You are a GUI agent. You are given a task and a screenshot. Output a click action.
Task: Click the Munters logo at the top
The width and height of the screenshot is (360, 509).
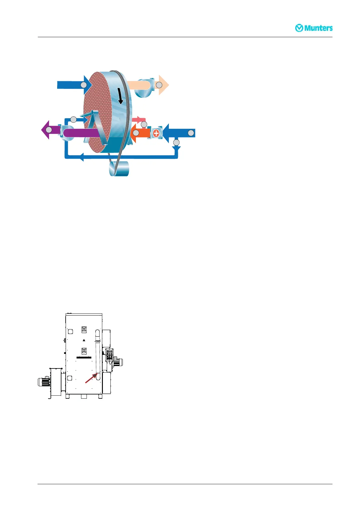tap(314, 28)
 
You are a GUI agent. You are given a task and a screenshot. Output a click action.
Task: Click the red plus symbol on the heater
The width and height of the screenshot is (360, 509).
tap(156, 133)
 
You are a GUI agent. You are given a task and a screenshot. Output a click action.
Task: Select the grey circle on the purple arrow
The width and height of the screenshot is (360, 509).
tap(49, 130)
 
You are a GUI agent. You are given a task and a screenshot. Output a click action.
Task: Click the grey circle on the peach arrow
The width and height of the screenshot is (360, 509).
tap(159, 85)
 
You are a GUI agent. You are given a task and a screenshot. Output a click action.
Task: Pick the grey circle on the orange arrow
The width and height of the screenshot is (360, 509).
tap(136, 133)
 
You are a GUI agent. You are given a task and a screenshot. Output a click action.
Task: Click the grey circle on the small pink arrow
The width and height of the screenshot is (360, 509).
tap(144, 124)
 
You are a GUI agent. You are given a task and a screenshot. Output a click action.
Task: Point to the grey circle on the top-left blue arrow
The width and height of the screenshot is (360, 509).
tap(83, 85)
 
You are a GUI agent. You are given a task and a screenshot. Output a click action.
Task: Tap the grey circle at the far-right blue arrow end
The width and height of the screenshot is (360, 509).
tap(191, 133)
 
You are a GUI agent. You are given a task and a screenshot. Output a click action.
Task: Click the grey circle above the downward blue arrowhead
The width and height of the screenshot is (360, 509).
tap(176, 142)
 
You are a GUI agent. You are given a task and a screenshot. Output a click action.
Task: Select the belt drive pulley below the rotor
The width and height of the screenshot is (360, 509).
tap(119, 169)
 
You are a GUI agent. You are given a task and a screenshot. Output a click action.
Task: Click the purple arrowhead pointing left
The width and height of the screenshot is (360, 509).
tap(45, 130)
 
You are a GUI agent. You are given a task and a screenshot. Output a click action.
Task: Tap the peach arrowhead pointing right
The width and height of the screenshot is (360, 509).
tap(164, 85)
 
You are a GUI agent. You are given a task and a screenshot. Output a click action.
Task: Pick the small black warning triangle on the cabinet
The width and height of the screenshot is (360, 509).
tap(84, 340)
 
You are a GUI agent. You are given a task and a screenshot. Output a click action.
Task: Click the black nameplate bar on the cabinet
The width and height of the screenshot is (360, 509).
tap(84, 358)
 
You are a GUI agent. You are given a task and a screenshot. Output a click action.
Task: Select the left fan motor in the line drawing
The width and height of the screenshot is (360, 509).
tap(43, 382)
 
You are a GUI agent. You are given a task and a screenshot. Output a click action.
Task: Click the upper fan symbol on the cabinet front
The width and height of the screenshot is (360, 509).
tap(84, 330)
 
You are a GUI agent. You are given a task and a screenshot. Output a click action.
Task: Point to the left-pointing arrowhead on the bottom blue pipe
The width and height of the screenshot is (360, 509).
tap(81, 157)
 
